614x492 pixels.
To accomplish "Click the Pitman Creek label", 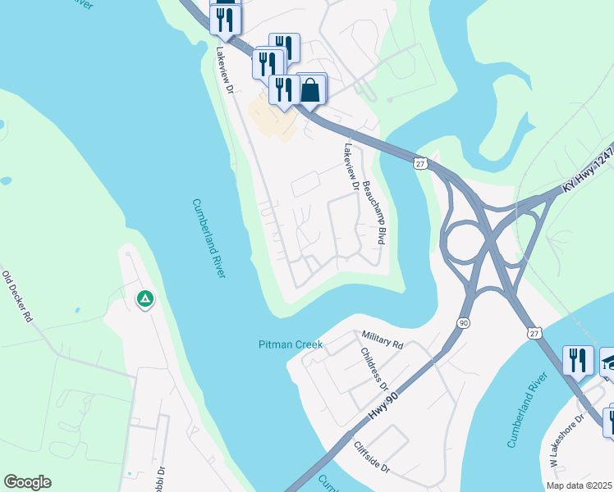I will click(x=291, y=344).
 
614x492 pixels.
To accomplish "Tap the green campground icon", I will click(x=145, y=299).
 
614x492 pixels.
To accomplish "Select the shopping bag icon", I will click(x=310, y=89).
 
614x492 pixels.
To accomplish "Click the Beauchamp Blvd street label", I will click(x=373, y=212).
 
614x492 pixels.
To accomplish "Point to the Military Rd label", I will click(x=383, y=339).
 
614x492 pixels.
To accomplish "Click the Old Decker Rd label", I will click(x=16, y=295).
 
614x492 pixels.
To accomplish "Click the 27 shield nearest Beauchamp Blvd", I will click(x=419, y=164).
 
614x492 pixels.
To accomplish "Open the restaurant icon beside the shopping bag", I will click(x=284, y=89).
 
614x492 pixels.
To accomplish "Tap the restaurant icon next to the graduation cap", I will click(x=578, y=361).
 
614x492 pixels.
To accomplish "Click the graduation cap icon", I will click(x=608, y=362).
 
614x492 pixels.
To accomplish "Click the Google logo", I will click(x=27, y=482).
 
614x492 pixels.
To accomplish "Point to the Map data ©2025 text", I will click(x=579, y=485).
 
